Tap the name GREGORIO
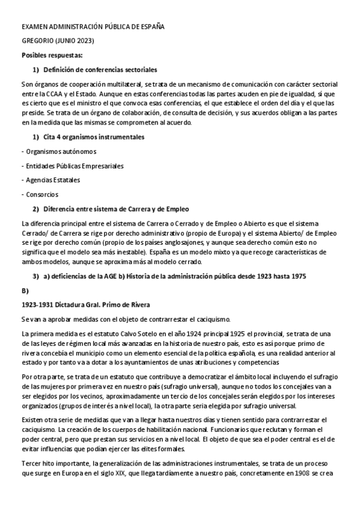click(37, 41)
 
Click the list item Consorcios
click(41, 194)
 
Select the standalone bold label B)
click(25, 290)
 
